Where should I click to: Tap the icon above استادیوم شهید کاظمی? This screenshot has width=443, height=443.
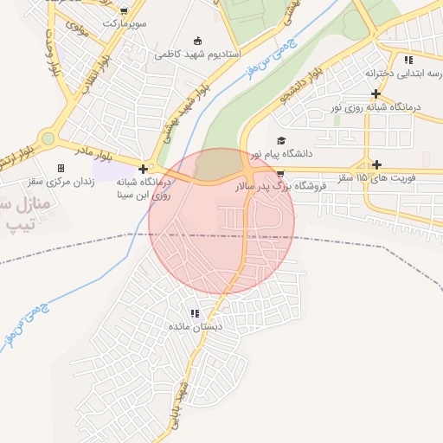click(198, 41)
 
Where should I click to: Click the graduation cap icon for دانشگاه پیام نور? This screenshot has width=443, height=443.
click(279, 140)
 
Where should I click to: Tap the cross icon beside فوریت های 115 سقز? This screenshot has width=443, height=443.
click(376, 164)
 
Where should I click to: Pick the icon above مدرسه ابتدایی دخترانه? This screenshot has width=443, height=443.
click(408, 60)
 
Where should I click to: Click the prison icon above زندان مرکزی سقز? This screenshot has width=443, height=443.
click(61, 168)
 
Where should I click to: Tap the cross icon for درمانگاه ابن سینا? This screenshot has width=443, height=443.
click(143, 168)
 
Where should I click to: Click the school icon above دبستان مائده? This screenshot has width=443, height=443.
click(196, 313)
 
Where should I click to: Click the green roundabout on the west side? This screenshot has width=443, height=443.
click(47, 138)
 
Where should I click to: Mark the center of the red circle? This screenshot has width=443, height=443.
click(221, 221)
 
